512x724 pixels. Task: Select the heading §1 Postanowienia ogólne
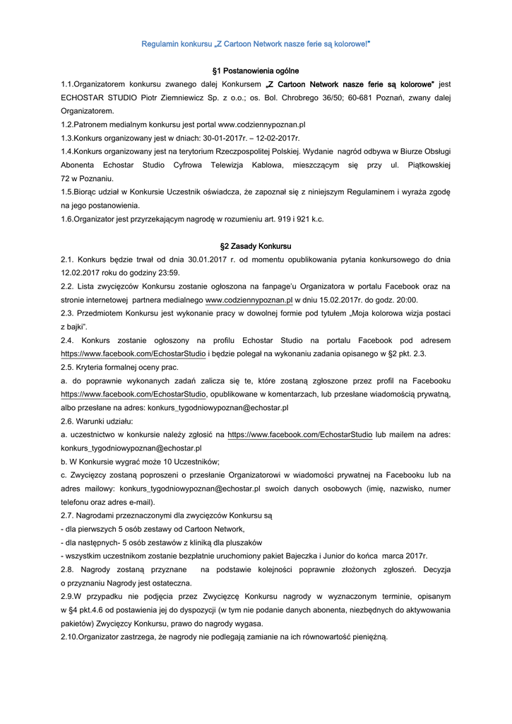[x=256, y=71]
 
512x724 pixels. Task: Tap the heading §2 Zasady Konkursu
[x=256, y=246]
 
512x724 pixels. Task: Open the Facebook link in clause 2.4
[x=133, y=354]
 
